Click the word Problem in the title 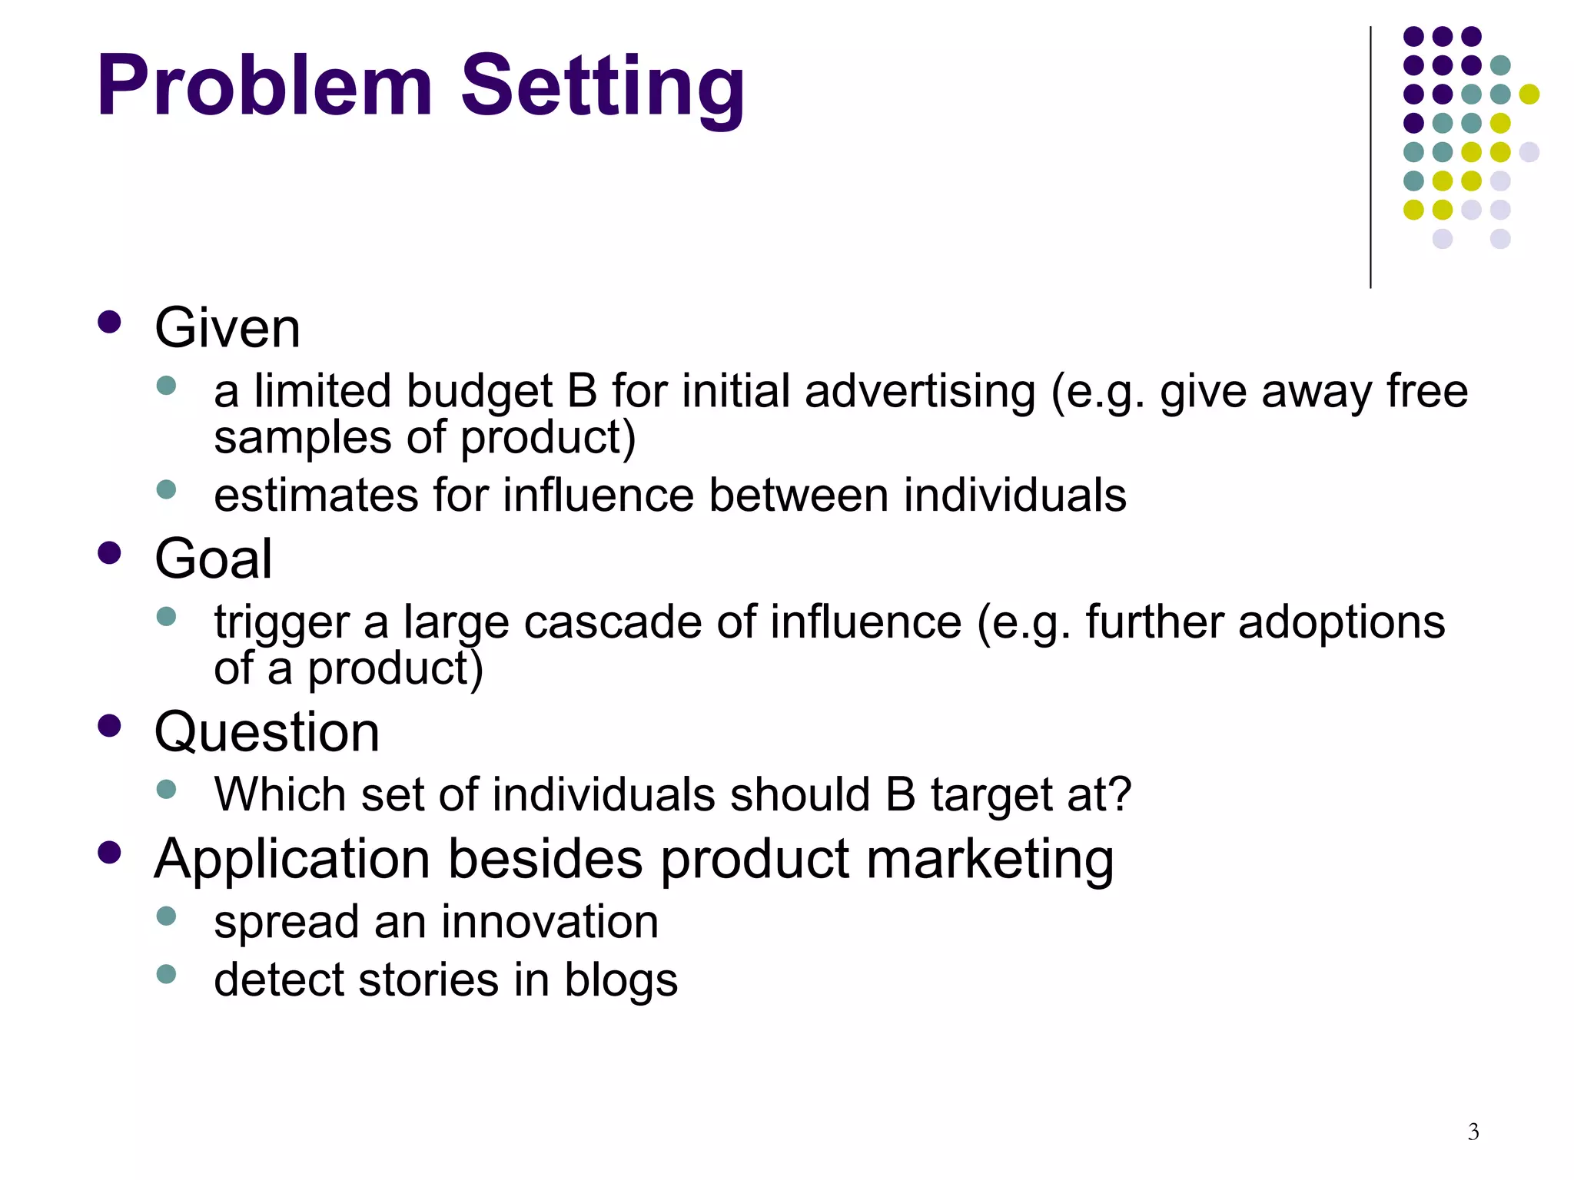(264, 86)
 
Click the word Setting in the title (603, 86)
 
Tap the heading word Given (227, 328)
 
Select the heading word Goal (214, 559)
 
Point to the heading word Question (267, 731)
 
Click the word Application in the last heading (292, 859)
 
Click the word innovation (550, 921)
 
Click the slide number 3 (1473, 1132)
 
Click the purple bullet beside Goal (110, 553)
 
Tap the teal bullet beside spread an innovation (166, 916)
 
